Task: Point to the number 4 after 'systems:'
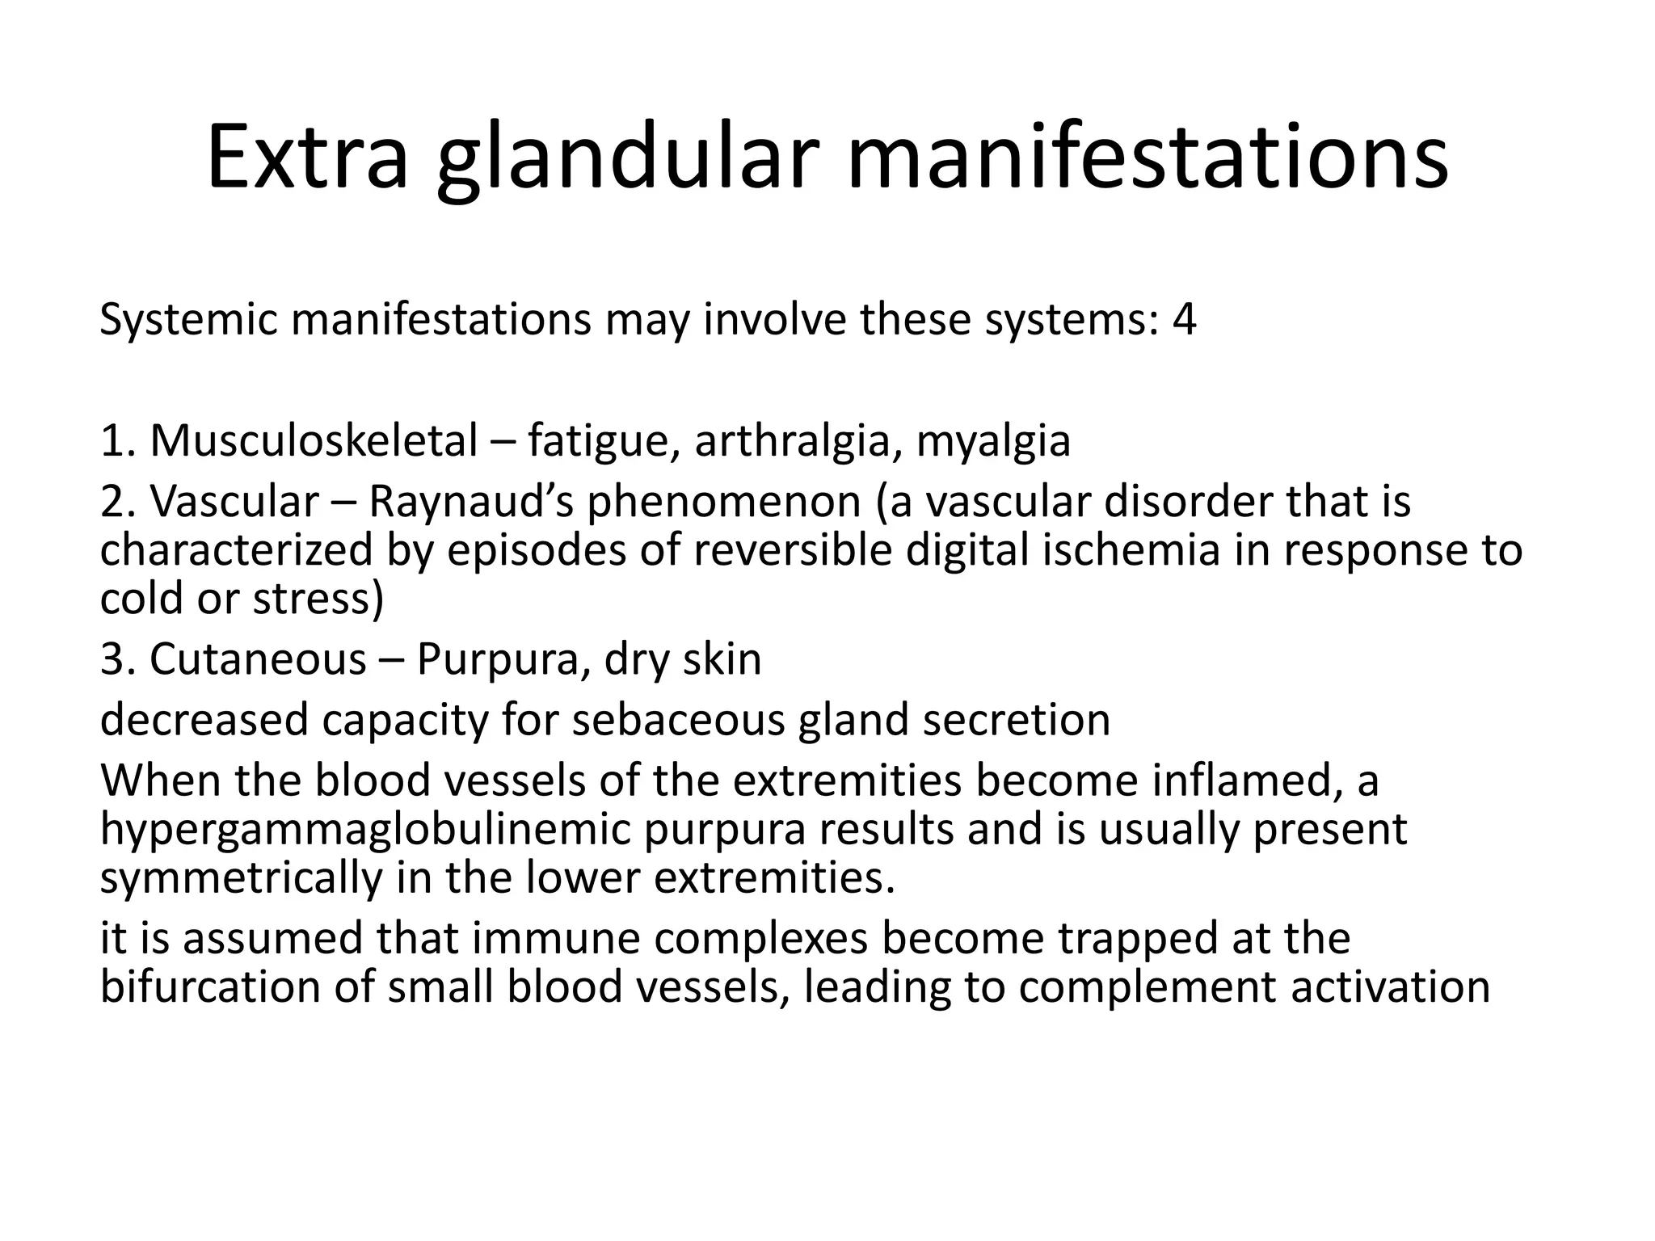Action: pos(1184,319)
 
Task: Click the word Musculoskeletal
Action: pos(314,441)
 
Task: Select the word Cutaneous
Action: pos(258,658)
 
